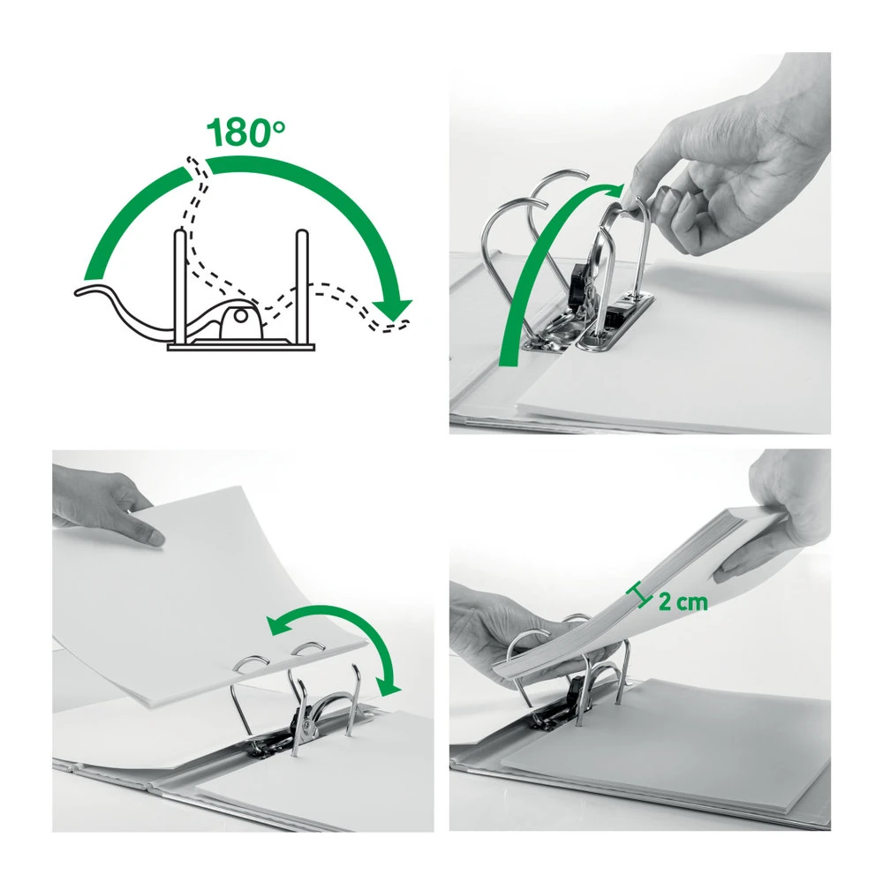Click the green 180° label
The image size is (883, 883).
coord(246,133)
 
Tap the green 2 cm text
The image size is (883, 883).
coord(683,602)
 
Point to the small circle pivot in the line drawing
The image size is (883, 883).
coord(240,315)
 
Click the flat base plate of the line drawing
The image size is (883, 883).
coord(241,346)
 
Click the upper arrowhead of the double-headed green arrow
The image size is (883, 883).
coord(278,626)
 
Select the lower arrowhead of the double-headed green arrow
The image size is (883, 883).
coord(388,686)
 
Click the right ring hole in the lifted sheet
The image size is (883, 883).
coord(307,649)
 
